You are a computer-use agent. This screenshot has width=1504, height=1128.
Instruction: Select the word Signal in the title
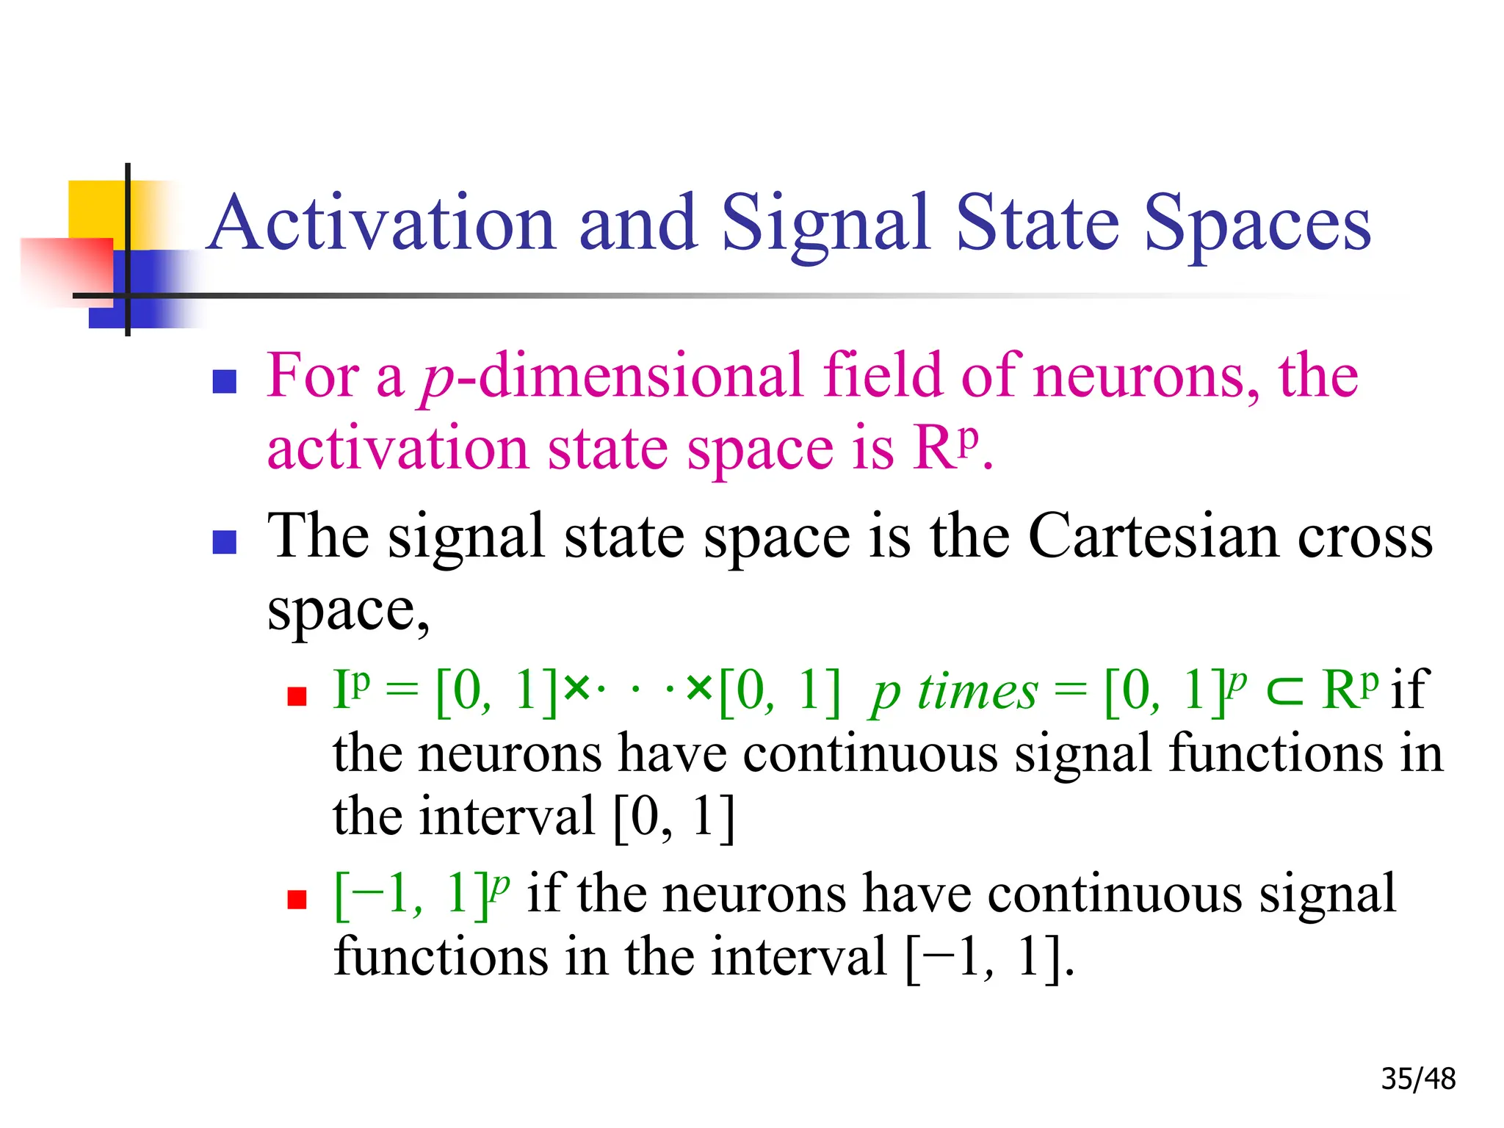tap(826, 223)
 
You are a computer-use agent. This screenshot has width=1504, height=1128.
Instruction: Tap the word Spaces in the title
tap(1257, 223)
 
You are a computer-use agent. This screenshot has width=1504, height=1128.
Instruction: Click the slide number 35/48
tap(1418, 1079)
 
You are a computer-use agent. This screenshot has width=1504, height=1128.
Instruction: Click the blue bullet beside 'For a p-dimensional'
tap(224, 381)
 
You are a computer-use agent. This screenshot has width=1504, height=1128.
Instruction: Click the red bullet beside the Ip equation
tap(297, 696)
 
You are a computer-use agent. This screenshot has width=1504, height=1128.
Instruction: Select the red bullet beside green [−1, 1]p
tap(297, 899)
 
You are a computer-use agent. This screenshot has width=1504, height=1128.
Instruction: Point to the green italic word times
tap(977, 692)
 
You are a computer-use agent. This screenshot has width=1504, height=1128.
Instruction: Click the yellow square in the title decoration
tap(95, 209)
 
